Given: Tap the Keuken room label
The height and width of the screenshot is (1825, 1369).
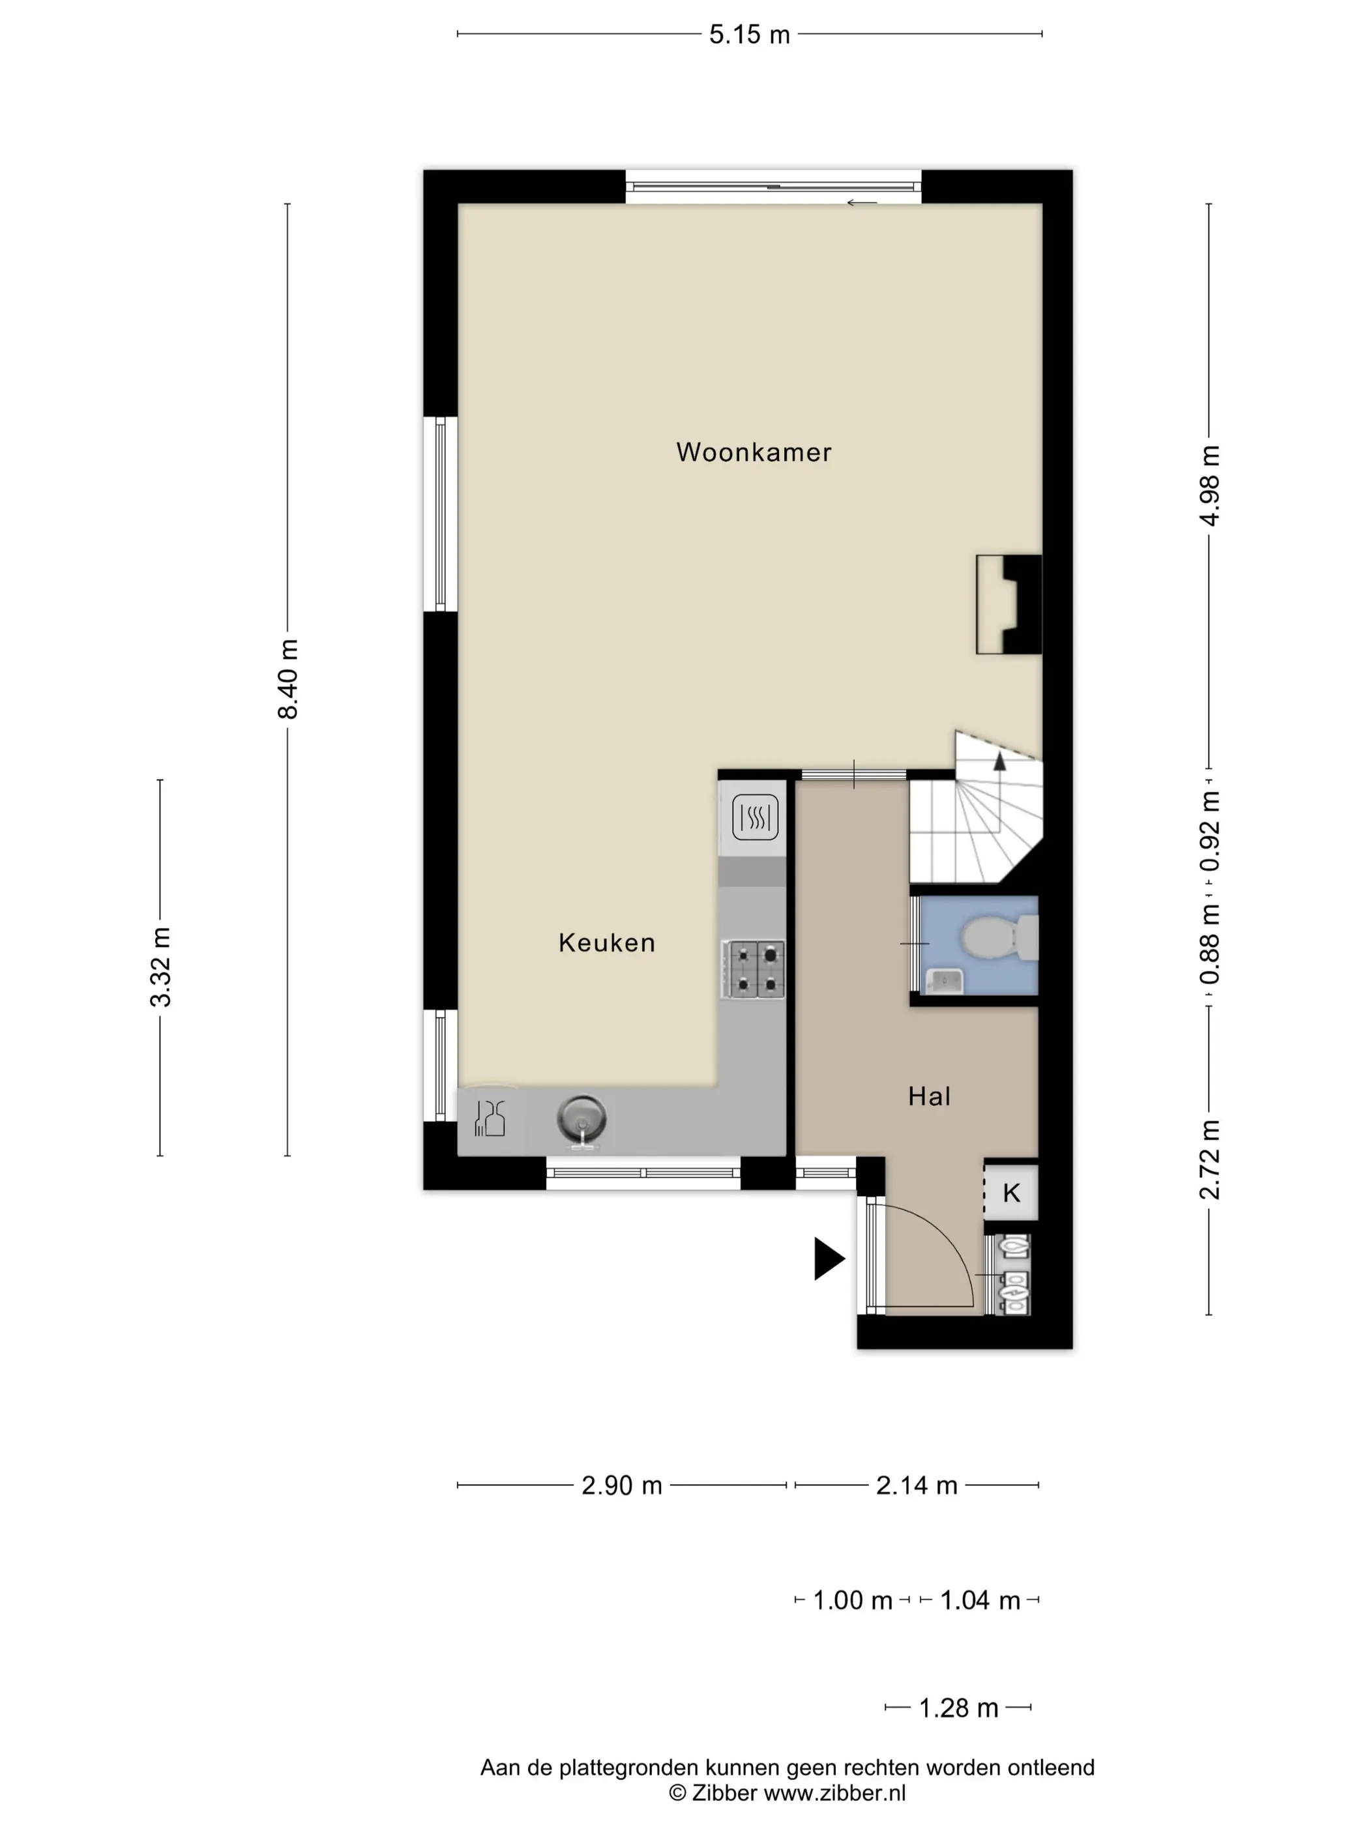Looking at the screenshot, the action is click(606, 942).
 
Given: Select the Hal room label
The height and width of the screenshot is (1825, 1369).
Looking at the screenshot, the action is click(929, 1096).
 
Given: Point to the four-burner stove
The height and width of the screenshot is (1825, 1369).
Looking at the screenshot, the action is click(752, 969).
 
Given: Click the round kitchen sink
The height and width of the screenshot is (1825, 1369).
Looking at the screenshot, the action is click(581, 1120).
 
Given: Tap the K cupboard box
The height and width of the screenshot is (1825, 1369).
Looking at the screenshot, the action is click(1011, 1191).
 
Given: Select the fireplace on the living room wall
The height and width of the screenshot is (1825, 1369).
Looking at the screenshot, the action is click(1008, 605).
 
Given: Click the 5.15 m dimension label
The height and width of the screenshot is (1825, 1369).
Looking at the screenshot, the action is click(749, 35).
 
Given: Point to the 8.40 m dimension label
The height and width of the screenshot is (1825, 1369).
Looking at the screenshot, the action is click(287, 679).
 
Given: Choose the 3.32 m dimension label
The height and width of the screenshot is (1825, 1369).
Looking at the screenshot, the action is click(160, 967).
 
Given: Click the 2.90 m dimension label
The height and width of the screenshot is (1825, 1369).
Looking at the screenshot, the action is click(621, 1485).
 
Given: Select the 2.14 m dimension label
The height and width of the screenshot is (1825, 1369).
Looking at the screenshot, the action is click(916, 1485).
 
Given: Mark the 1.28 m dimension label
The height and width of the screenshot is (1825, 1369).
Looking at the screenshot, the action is click(958, 1708).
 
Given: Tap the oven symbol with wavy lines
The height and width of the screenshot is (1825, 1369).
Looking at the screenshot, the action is click(755, 817).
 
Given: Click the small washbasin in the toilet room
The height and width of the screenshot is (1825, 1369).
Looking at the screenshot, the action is click(943, 980).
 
